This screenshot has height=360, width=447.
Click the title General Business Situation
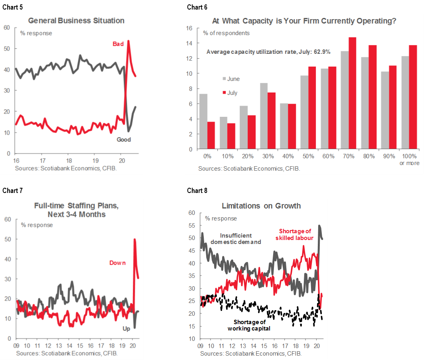pos(76,21)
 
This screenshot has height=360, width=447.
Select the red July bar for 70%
pos(352,93)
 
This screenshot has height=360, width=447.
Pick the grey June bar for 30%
pos(264,116)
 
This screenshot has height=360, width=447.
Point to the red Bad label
pos(118,44)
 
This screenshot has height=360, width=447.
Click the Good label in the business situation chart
pos(124,140)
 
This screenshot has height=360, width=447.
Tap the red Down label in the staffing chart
pos(118,263)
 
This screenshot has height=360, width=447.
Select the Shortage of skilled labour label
pos(295,234)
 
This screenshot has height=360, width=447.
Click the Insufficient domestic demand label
pos(236,239)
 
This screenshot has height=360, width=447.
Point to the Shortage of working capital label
pos(249,325)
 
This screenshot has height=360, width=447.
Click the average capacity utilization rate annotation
pos(268,52)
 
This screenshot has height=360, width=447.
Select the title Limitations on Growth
pos(261,206)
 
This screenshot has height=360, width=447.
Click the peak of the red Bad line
pos(128,41)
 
